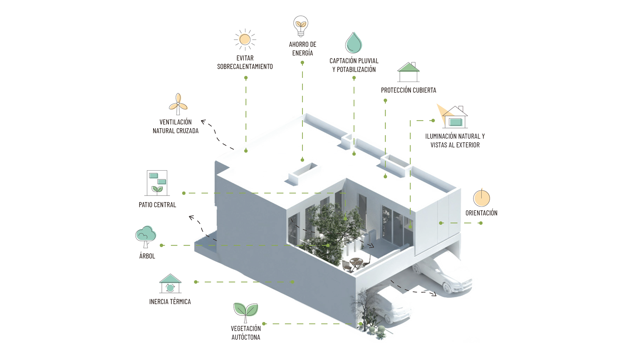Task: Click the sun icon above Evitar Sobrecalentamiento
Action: pyautogui.click(x=245, y=40)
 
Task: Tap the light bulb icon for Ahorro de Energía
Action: pyautogui.click(x=300, y=26)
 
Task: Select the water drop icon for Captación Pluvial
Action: pyautogui.click(x=354, y=42)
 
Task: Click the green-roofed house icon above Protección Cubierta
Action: pyautogui.click(x=408, y=72)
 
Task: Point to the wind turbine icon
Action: pyautogui.click(x=178, y=104)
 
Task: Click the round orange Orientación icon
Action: pyautogui.click(x=481, y=198)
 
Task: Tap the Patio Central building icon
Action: pyautogui.click(x=157, y=183)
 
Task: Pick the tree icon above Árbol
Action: pyautogui.click(x=146, y=237)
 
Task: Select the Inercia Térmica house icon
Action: pyautogui.click(x=170, y=284)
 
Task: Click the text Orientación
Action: pyautogui.click(x=481, y=213)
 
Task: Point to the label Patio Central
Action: pyautogui.click(x=157, y=205)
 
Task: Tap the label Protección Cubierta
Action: pyautogui.click(x=409, y=90)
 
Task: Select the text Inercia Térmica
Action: pyautogui.click(x=170, y=302)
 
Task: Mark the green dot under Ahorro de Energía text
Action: pyautogui.click(x=302, y=63)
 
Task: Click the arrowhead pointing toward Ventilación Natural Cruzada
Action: pyautogui.click(x=203, y=122)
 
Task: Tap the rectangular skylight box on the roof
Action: pyautogui.click(x=303, y=173)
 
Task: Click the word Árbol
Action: pyautogui.click(x=147, y=256)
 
